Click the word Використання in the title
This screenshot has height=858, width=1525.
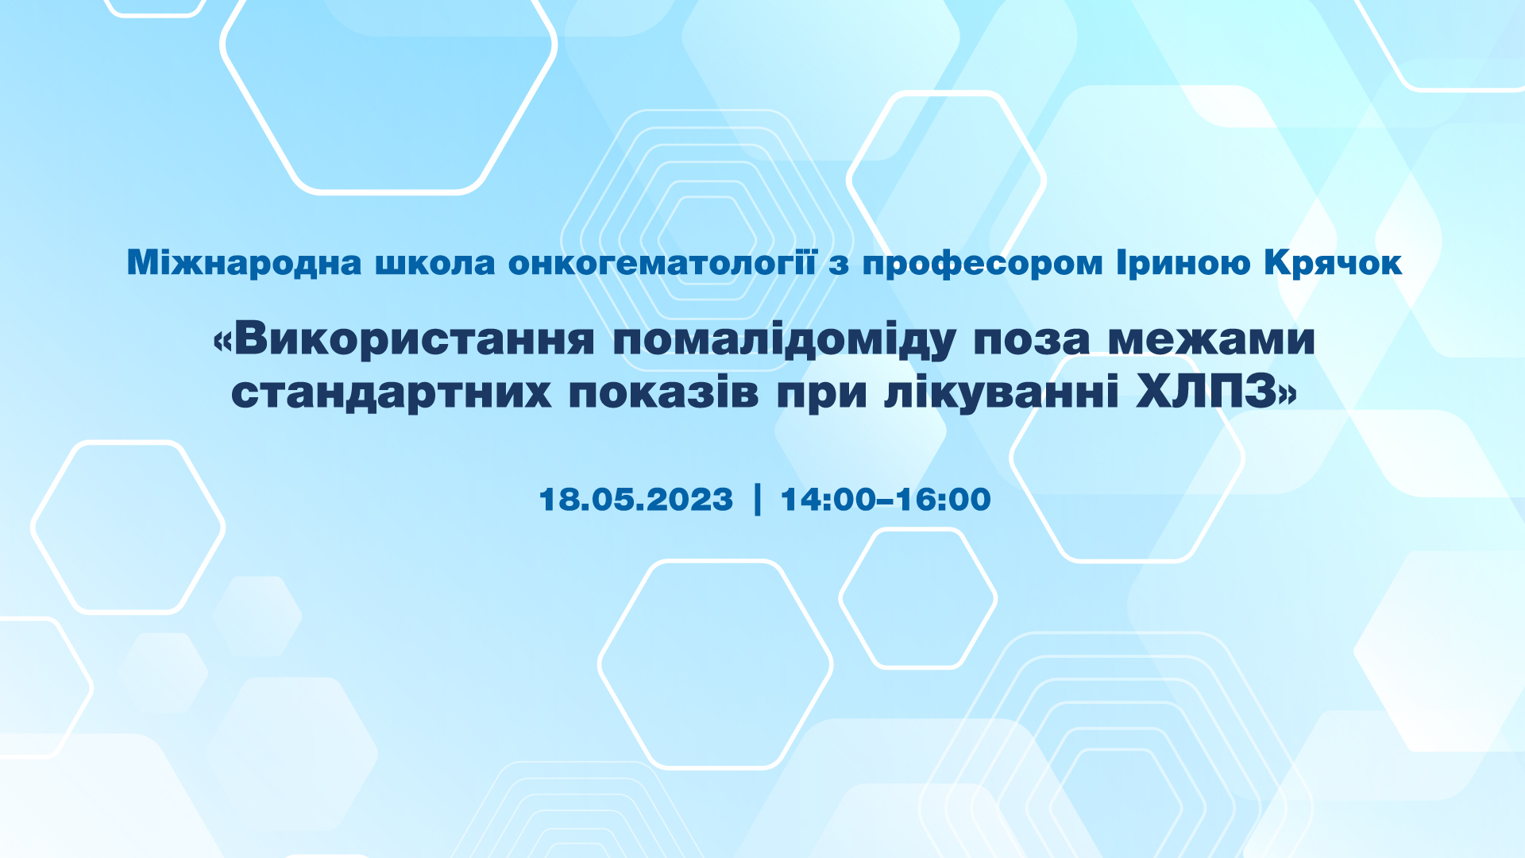pos(414,338)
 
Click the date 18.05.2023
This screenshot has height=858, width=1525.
pos(636,500)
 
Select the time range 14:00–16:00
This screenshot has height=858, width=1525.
pos(886,500)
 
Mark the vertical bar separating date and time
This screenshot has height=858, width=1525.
pos(757,499)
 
